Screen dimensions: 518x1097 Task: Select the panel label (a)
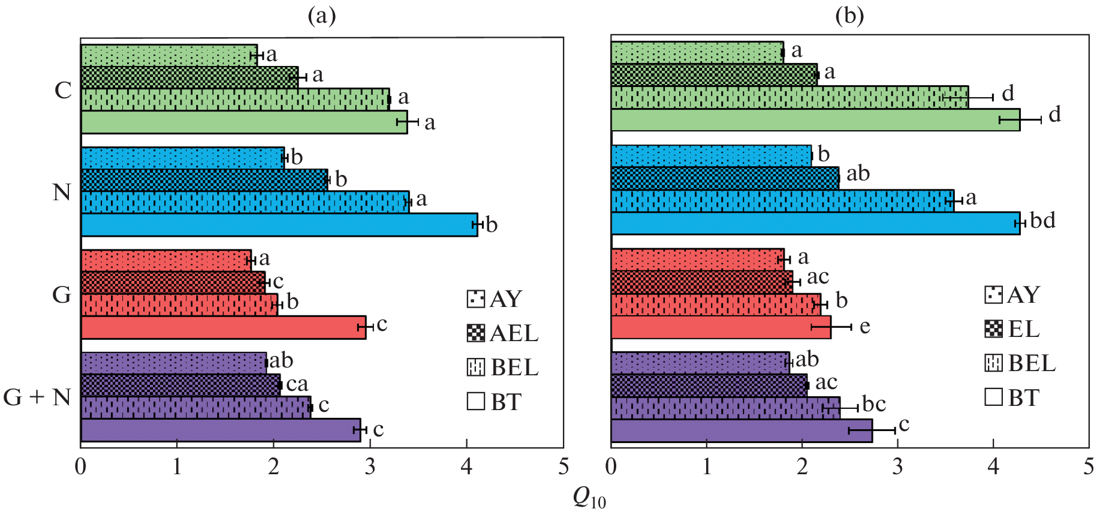pos(321,16)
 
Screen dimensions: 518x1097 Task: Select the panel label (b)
pos(849,16)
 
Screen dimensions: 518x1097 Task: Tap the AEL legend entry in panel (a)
pos(502,333)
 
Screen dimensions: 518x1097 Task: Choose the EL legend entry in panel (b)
pos(1012,329)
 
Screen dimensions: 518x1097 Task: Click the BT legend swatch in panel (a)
pos(476,401)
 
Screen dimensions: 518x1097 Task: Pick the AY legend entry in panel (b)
pos(1012,295)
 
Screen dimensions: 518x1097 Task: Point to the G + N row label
pos(37,397)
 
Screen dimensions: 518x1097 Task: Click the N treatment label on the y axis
pos(62,192)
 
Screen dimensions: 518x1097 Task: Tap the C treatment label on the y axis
pos(63,91)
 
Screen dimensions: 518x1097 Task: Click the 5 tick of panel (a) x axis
pos(563,467)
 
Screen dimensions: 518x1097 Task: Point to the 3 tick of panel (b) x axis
pos(897,467)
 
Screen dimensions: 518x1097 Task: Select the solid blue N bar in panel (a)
pos(279,225)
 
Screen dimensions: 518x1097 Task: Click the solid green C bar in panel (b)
pos(815,119)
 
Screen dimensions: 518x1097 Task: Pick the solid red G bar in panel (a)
pos(223,327)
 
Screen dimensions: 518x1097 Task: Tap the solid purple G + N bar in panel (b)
pos(742,430)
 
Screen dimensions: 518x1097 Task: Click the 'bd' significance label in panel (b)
pos(1042,221)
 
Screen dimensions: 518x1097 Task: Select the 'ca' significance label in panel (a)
pos(297,384)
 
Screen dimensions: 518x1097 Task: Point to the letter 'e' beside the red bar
pos(864,326)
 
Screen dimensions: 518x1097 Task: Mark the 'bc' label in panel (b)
pos(873,404)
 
